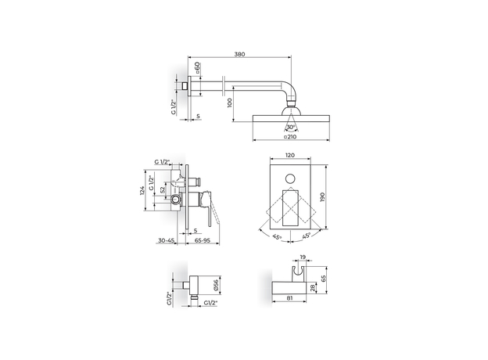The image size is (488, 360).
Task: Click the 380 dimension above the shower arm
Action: tap(239, 54)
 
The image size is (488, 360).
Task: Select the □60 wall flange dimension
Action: tap(198, 69)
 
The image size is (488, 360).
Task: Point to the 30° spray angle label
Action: tap(291, 127)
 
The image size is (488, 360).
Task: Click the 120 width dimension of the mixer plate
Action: tap(291, 157)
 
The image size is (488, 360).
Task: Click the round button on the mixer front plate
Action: tap(291, 178)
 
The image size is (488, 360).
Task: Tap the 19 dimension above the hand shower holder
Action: tap(302, 257)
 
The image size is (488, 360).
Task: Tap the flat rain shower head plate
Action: tap(291, 117)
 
